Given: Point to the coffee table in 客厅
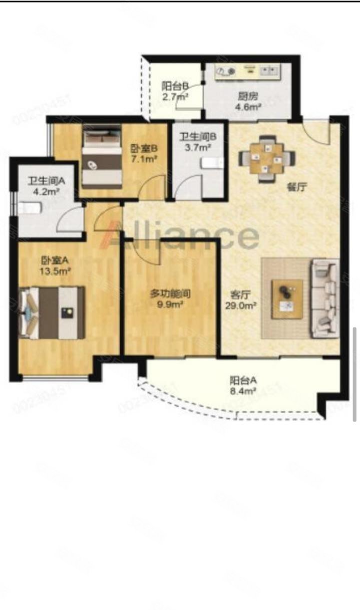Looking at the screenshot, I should pyautogui.click(x=287, y=298).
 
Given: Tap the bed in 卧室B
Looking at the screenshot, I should pyautogui.click(x=102, y=156).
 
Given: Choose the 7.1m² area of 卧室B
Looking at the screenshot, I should pyautogui.click(x=144, y=159).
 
